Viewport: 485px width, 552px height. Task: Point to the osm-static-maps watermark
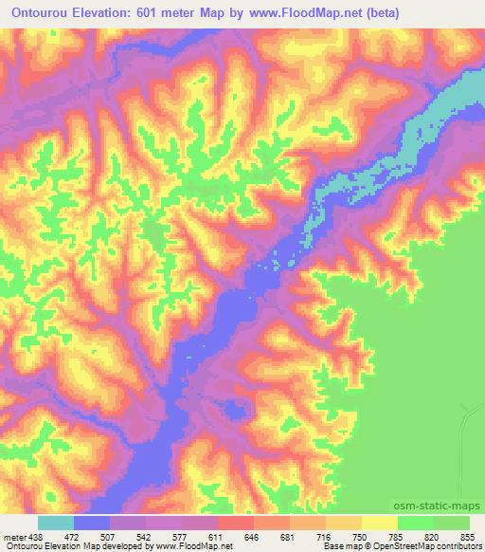(438, 507)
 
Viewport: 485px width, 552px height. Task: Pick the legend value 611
(217, 535)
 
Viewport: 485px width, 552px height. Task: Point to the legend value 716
(324, 535)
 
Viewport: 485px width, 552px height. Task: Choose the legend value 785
(395, 535)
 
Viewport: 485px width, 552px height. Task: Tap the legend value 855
(467, 535)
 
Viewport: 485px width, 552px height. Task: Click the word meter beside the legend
(14, 535)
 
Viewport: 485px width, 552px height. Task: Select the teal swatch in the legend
(56, 523)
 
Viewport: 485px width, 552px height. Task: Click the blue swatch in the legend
(92, 523)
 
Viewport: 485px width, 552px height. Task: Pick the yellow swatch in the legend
(378, 523)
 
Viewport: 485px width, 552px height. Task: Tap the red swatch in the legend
(235, 523)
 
